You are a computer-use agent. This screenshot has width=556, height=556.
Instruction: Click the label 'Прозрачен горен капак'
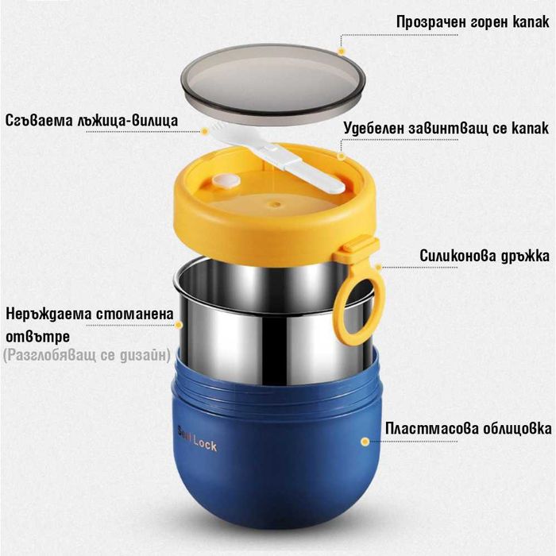473,22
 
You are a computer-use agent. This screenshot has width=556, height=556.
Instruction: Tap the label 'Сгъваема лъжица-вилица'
91,120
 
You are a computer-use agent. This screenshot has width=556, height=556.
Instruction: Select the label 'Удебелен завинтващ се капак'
446,128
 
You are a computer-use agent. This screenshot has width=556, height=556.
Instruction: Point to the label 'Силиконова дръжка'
485,255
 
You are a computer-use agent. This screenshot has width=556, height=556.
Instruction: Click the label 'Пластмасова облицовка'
468,428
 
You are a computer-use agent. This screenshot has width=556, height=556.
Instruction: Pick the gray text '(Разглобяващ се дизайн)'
87,355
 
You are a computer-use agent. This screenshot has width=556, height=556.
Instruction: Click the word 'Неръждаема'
49,315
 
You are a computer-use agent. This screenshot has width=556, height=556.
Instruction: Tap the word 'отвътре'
37,337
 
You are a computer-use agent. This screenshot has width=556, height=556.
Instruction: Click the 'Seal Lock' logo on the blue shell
197,439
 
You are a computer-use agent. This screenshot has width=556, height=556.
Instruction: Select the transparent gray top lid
273,83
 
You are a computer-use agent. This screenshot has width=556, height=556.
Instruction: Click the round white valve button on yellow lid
226,181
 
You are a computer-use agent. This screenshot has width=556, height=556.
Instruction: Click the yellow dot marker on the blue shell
365,442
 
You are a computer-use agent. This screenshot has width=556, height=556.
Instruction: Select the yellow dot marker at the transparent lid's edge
342,52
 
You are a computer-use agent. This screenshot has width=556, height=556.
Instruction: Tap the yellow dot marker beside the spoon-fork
205,132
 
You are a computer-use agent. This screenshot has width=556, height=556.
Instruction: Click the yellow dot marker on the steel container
179,325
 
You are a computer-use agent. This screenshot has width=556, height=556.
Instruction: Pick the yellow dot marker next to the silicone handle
378,268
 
